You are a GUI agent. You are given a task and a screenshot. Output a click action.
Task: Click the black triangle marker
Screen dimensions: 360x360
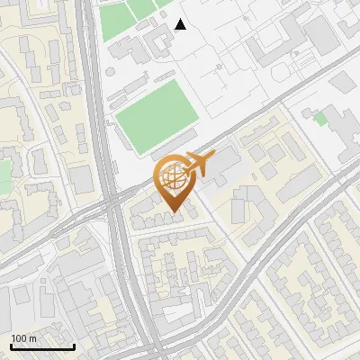point(181,24)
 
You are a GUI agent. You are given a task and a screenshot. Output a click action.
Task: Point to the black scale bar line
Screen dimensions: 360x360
point(42,347)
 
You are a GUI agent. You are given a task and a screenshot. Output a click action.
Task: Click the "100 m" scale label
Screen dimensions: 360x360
point(24,338)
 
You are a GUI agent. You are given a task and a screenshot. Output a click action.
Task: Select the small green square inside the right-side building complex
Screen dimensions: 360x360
point(320,119)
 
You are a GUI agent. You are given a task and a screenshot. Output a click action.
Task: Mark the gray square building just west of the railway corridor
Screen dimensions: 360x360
point(83,179)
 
